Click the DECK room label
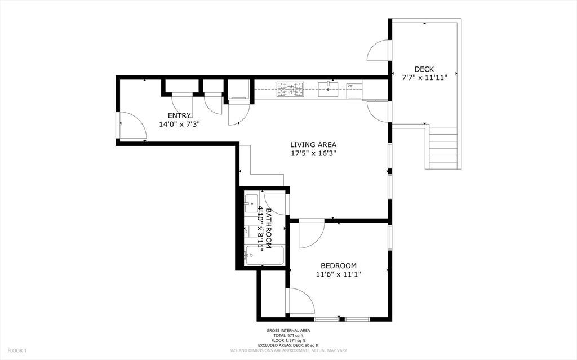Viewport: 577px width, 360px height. coord(424,69)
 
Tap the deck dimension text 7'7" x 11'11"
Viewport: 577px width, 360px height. coord(424,78)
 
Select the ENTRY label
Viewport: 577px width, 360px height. coord(179,115)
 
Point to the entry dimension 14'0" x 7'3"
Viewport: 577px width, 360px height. coord(179,124)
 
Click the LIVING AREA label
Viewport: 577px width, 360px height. coord(313,144)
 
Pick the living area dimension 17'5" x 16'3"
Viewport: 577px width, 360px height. coord(313,153)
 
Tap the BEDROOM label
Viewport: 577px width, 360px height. coord(338,265)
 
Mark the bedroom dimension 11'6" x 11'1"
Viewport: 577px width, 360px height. coord(338,274)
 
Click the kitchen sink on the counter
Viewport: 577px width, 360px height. coord(328,87)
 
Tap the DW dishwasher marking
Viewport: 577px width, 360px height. coord(350,86)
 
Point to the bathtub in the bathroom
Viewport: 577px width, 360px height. coord(264,256)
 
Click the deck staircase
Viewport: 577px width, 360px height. coord(443,148)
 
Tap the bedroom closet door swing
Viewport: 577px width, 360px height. coord(300,301)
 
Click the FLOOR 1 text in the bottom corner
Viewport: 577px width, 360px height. coord(17,350)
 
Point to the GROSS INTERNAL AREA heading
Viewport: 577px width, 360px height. coord(288,331)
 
